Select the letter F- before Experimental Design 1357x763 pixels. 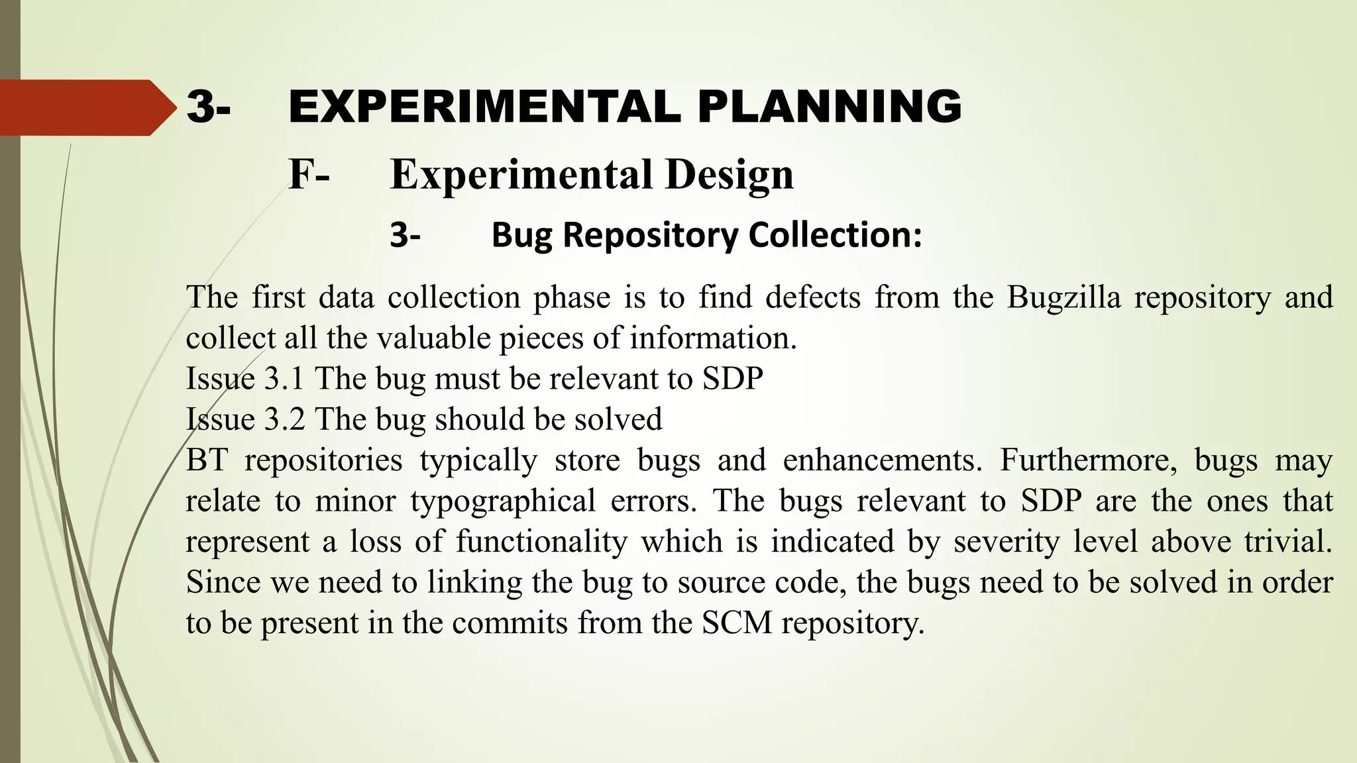pos(309,175)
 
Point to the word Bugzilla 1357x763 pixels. pos(1063,297)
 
